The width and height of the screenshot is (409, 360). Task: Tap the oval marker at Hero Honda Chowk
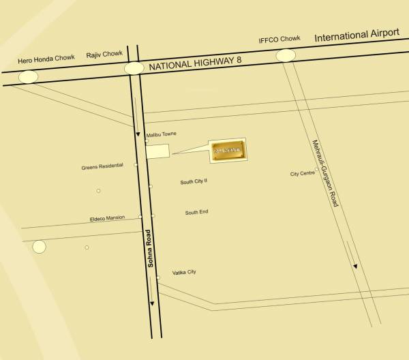(x=28, y=76)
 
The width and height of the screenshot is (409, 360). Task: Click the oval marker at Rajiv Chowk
(x=134, y=68)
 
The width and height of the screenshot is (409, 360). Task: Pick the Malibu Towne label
(x=162, y=134)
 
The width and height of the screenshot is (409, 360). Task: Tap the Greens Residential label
(x=102, y=166)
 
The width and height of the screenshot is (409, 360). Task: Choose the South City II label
(x=194, y=182)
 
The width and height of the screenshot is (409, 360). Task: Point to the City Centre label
(x=302, y=174)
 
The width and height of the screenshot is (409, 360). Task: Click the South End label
(x=196, y=213)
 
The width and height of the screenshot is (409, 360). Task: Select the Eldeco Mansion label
(x=107, y=218)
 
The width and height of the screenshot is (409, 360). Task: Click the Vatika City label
(x=184, y=272)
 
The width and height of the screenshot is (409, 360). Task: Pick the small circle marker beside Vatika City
(x=157, y=277)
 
